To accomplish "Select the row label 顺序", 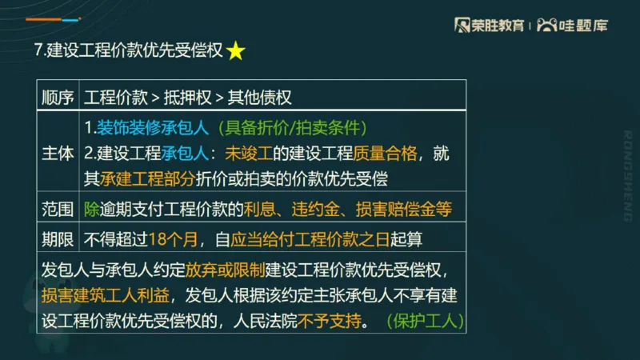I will point(58,98).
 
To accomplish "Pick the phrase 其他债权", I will point(259,98).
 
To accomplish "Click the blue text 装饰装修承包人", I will point(153,127).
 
